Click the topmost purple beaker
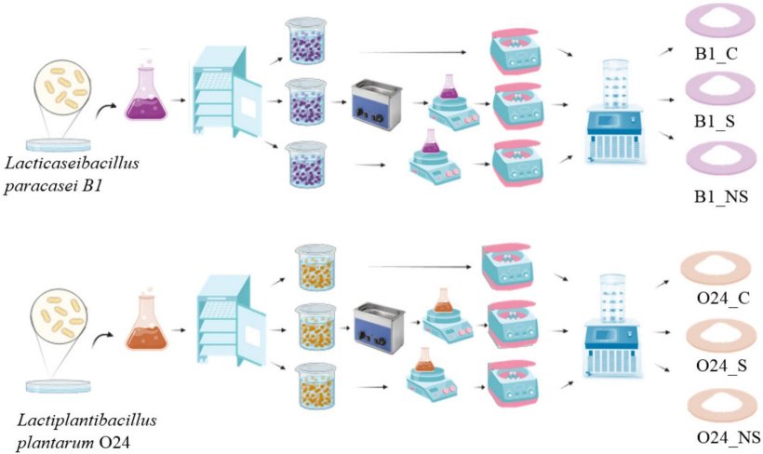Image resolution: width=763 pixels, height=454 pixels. coord(306,43)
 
